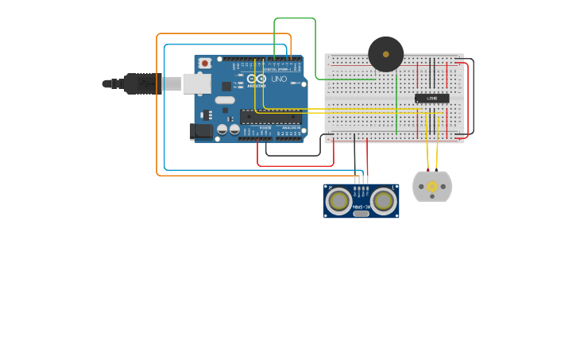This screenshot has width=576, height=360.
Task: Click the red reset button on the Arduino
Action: click(205, 63)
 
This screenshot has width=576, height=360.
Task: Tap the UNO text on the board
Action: click(279, 79)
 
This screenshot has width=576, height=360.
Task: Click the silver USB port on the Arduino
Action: click(196, 83)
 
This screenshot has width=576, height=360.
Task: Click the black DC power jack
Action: click(202, 130)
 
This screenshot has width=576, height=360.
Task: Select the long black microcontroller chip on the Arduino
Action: click(271, 117)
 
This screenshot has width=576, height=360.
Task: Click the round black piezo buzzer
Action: click(386, 54)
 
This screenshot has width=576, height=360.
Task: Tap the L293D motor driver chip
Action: click(431, 98)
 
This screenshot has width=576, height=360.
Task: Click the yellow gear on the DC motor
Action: click(432, 187)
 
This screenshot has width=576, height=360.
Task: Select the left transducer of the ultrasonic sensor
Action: click(338, 201)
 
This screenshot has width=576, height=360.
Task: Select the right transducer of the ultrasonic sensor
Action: click(384, 201)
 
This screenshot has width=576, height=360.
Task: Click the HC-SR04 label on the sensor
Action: click(361, 206)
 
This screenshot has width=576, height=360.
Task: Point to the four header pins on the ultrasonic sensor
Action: click(361, 180)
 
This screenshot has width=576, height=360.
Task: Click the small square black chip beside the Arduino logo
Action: click(226, 86)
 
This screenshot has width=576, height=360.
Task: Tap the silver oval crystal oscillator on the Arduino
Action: click(224, 100)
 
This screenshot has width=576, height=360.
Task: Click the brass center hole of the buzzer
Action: click(386, 54)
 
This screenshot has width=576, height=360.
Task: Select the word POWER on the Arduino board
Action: click(265, 127)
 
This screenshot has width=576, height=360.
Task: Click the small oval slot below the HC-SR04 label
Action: click(361, 213)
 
